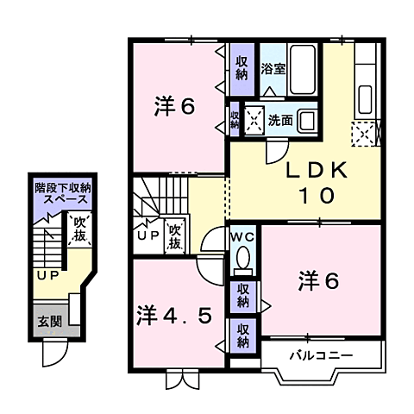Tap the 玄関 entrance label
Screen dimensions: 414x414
(48, 323)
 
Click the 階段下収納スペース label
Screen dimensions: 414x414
(62, 193)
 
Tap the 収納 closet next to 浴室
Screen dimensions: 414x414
(242, 68)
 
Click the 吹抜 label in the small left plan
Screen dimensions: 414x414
(78, 229)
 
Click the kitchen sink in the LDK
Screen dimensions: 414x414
(363, 94)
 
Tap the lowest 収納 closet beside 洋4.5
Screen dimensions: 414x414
(242, 334)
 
